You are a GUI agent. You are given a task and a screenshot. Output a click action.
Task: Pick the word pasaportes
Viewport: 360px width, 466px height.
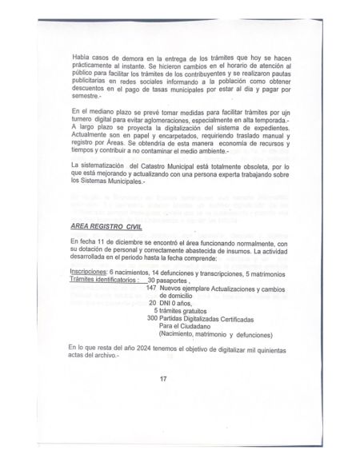(x=175, y=281)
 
